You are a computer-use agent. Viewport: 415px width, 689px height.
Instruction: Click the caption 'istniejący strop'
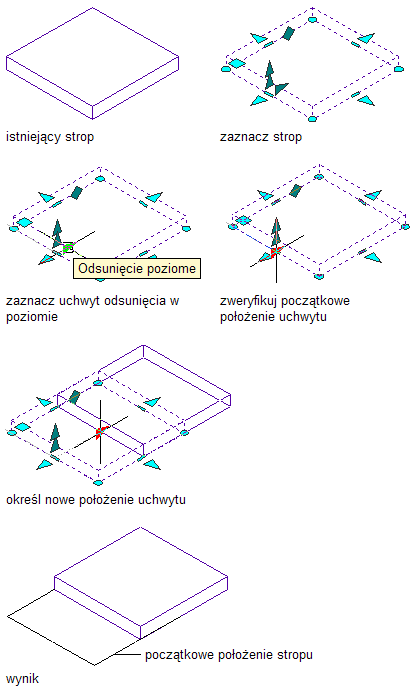[50, 137]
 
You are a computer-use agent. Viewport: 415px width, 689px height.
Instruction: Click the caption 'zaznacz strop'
[261, 137]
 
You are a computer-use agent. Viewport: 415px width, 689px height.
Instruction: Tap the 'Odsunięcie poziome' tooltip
[137, 268]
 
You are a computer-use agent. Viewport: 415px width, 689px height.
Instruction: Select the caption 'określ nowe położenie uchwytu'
[96, 500]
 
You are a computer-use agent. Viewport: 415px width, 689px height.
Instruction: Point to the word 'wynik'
[22, 678]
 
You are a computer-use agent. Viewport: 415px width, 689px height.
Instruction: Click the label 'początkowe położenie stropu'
[229, 655]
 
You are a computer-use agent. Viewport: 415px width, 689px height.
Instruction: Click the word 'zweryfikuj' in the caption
[248, 301]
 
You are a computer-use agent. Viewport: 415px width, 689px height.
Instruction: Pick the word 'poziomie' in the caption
[32, 317]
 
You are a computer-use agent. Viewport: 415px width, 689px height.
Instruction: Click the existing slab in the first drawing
[92, 64]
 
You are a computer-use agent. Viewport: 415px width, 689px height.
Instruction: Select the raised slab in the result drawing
[141, 583]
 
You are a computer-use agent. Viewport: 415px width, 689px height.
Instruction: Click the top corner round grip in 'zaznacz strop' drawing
[313, 19]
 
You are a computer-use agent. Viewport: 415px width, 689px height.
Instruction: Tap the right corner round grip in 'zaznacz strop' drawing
[398, 69]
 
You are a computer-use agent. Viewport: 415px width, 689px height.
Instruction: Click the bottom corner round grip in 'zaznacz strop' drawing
[312, 119]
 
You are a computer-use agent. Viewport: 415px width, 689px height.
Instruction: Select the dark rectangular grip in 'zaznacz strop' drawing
[288, 33]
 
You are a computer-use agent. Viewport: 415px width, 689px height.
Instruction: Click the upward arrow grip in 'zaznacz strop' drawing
[269, 75]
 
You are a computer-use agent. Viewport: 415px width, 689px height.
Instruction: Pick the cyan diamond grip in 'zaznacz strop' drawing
[237, 64]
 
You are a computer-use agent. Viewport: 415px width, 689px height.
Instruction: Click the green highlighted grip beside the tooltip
[68, 248]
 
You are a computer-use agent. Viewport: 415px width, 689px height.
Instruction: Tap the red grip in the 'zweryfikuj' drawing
[275, 252]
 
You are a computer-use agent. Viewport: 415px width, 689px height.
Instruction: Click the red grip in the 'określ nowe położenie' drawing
[100, 432]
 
